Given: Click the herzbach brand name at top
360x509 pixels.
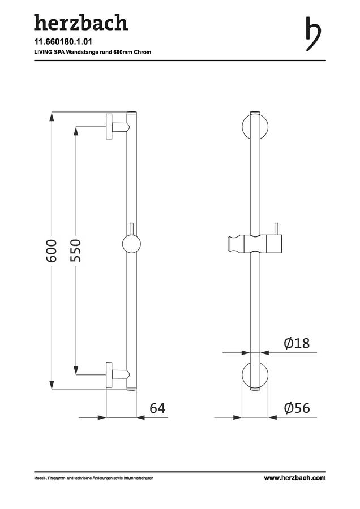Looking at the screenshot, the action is [x=81, y=23].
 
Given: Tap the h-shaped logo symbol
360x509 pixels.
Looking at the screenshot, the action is [x=313, y=34].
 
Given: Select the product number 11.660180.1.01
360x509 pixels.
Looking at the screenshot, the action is [x=63, y=42].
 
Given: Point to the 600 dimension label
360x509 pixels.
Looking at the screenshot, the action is [x=52, y=251].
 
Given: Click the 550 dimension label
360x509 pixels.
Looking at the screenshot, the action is [x=75, y=251].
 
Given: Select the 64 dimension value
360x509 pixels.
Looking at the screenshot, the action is [x=157, y=408].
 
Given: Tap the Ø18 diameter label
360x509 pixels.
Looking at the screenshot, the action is [x=297, y=343].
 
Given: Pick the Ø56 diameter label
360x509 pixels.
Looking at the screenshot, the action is [x=297, y=408].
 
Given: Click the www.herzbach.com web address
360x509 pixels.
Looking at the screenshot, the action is [x=295, y=478].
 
